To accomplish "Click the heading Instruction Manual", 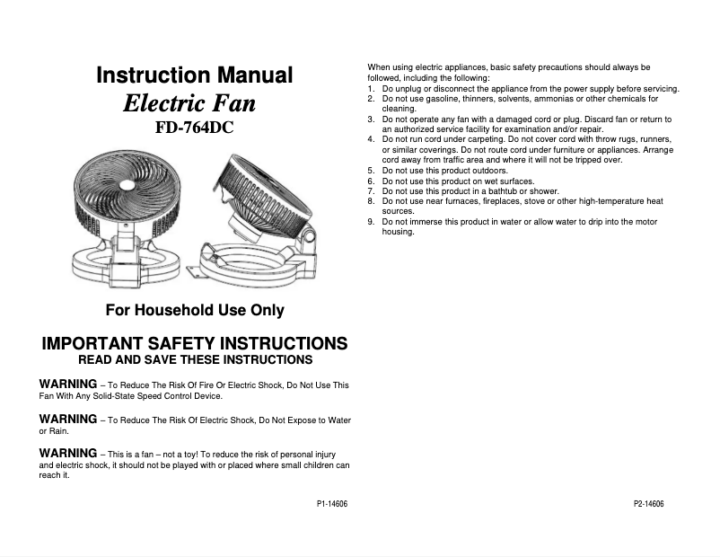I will pos(194,75).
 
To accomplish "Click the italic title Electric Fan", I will pos(189,103).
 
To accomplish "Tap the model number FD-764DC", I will pos(194,128).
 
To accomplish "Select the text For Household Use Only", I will pos(195,311).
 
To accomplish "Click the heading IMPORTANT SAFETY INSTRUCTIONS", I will pos(195,344).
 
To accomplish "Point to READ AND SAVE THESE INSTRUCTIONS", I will pos(195,360).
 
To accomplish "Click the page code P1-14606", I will pos(332,505).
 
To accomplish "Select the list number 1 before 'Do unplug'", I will pos(372,89).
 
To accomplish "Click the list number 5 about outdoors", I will pos(372,170).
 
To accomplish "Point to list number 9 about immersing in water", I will pos(372,221).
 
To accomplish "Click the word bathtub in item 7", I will pos(500,190).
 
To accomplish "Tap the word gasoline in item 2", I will pos(426,99).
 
